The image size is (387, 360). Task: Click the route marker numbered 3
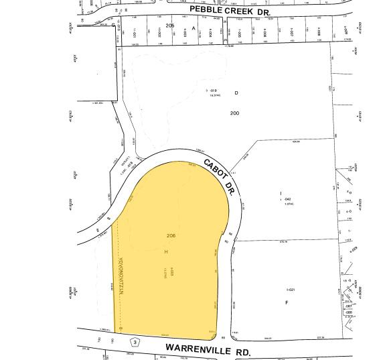(x=135, y=342)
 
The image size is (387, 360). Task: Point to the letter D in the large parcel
(x=236, y=93)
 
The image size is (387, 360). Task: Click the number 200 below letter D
(x=234, y=113)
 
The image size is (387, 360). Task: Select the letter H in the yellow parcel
(x=165, y=252)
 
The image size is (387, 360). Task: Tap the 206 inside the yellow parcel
(x=171, y=235)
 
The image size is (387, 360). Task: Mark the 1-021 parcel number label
(x=291, y=290)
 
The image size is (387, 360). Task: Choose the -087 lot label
(x=348, y=306)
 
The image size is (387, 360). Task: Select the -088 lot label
(x=348, y=312)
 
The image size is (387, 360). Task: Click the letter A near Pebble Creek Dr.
(x=193, y=28)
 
